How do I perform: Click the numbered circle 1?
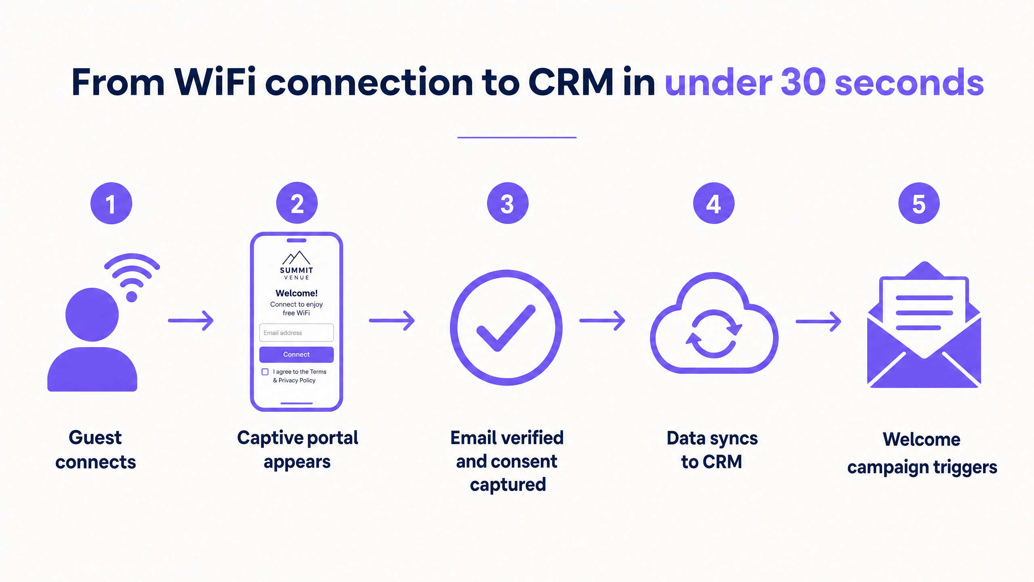pos(111,203)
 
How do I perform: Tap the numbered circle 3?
pos(508,203)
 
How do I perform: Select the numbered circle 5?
pos(919,203)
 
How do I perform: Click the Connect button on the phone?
pos(296,354)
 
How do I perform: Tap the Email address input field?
pos(296,333)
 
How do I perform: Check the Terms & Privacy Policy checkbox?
pos(265,372)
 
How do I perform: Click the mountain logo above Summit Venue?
pos(296,257)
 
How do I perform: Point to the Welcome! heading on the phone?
pos(296,293)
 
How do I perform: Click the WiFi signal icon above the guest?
pos(132,277)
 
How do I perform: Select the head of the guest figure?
pos(92,314)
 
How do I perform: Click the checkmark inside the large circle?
pos(506,328)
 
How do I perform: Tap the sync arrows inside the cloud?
pos(714,334)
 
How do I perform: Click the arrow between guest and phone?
pos(191,321)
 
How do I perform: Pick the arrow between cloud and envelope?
pos(818,322)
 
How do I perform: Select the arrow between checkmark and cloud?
pos(602,321)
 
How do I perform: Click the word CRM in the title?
pos(571,82)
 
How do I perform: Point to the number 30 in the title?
pos(803,82)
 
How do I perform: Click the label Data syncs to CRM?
pos(712,450)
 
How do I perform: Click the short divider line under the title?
pos(517,137)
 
